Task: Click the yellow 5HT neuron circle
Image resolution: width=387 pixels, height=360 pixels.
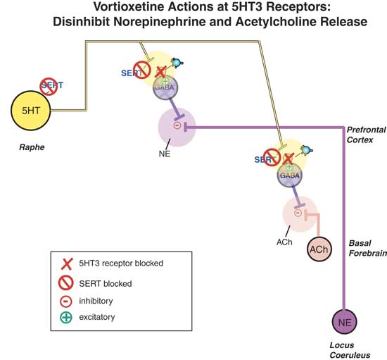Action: coord(32,111)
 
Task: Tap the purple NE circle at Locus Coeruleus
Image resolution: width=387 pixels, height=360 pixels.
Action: coord(344,323)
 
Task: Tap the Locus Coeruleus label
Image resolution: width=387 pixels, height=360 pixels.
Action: coord(350,350)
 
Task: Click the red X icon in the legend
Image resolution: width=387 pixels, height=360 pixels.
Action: coord(68,263)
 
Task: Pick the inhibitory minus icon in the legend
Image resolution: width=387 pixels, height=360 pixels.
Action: coord(68,300)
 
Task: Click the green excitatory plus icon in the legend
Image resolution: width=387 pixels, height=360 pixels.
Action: coord(68,317)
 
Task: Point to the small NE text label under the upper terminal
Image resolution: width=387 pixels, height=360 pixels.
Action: coord(164,151)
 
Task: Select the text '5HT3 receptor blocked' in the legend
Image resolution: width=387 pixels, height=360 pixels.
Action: coord(123,263)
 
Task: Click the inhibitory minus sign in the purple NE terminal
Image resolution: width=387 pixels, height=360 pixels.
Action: coord(177,126)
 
